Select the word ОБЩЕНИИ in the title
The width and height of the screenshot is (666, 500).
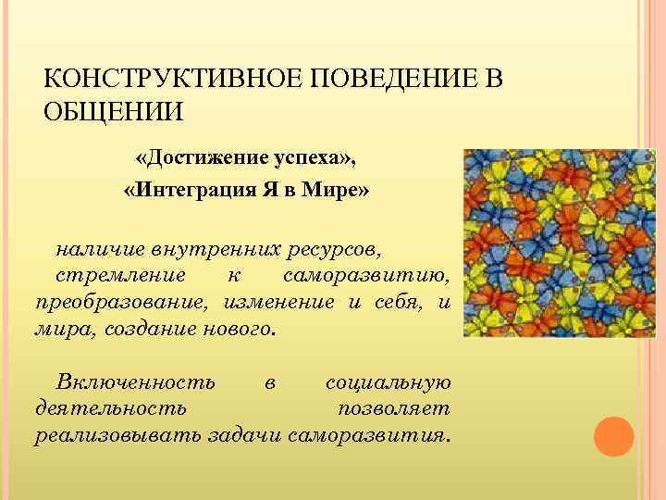coord(114,112)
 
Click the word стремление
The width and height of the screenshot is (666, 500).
coord(119,276)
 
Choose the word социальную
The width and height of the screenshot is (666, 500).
coord(388,382)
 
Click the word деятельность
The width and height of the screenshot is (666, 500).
coord(110,408)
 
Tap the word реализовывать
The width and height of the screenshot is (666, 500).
coord(117,435)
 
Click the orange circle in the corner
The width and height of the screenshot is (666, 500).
coord(613,435)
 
